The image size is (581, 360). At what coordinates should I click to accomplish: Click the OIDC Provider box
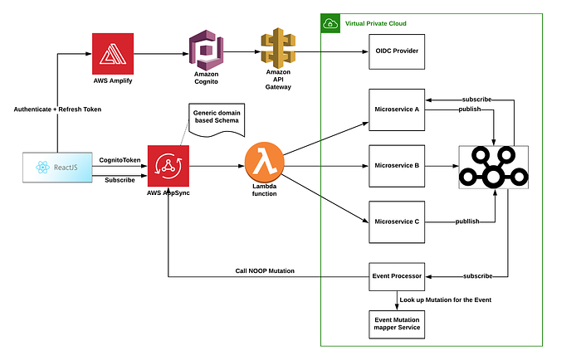pyautogui.click(x=397, y=51)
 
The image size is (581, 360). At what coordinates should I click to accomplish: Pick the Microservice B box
pyautogui.click(x=397, y=165)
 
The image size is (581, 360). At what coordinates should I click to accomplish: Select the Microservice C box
pyautogui.click(x=397, y=221)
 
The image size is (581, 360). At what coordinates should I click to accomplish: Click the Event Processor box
pyautogui.click(x=397, y=276)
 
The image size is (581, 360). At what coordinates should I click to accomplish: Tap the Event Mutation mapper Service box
pyautogui.click(x=397, y=322)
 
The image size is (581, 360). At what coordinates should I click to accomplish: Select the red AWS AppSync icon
pyautogui.click(x=169, y=166)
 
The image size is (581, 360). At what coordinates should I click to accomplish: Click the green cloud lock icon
pyautogui.click(x=330, y=23)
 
